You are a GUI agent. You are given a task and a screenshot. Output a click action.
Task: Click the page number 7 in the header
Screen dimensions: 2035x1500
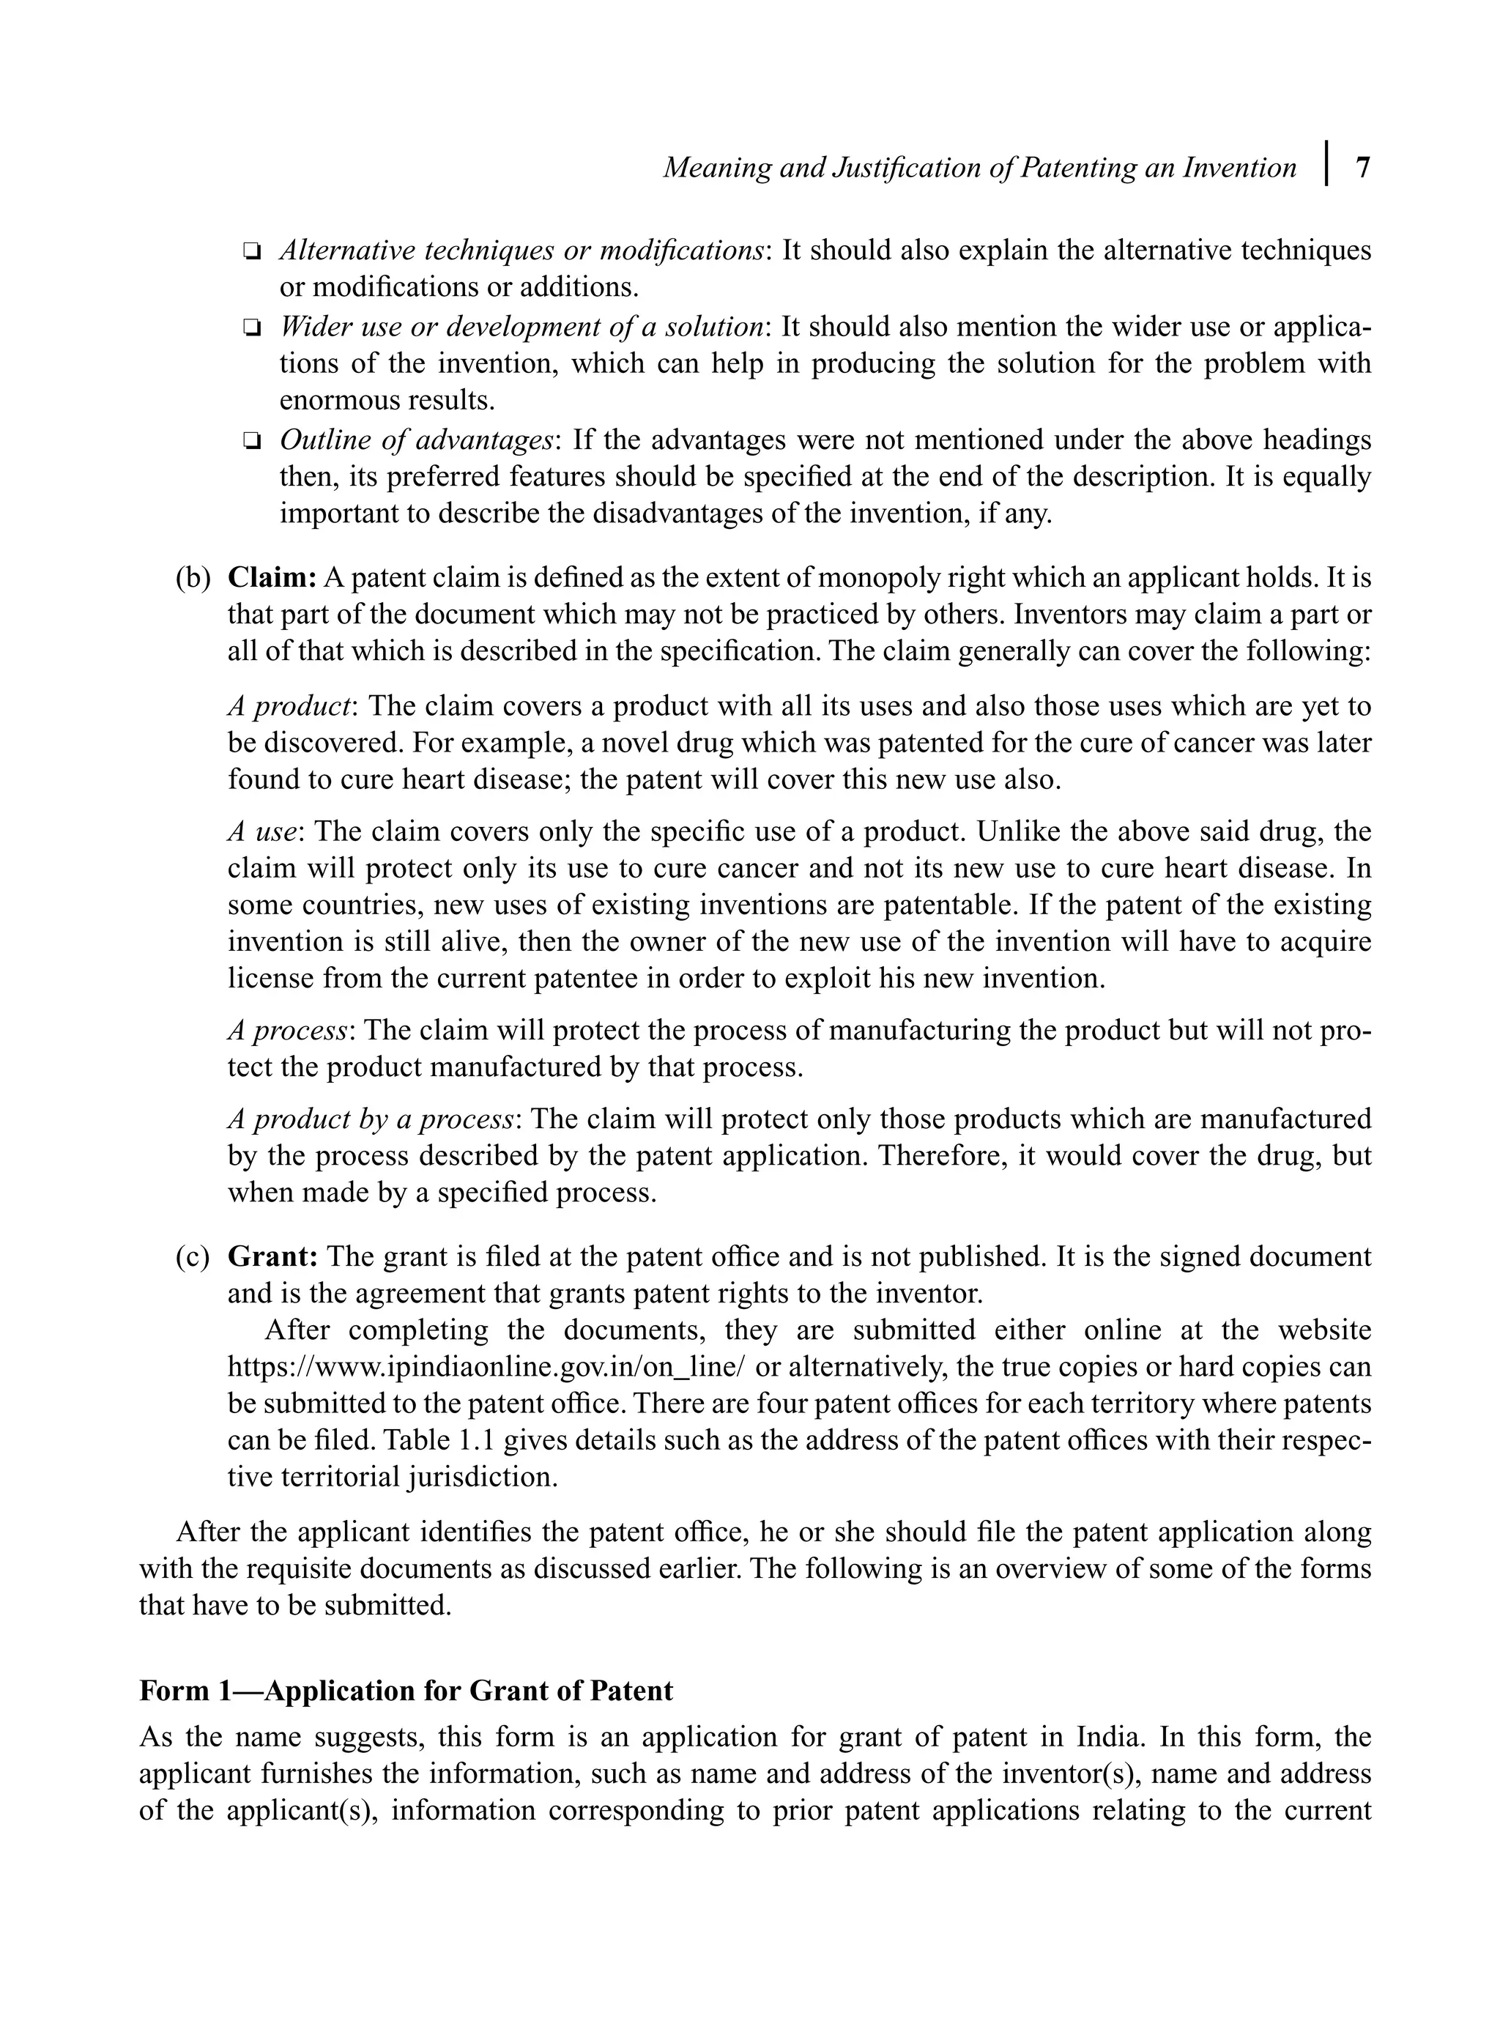click(x=1362, y=168)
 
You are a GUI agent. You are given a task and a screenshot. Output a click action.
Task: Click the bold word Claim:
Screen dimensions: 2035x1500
click(x=272, y=577)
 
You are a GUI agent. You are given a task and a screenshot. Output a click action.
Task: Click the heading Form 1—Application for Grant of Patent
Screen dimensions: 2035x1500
click(x=406, y=1691)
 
